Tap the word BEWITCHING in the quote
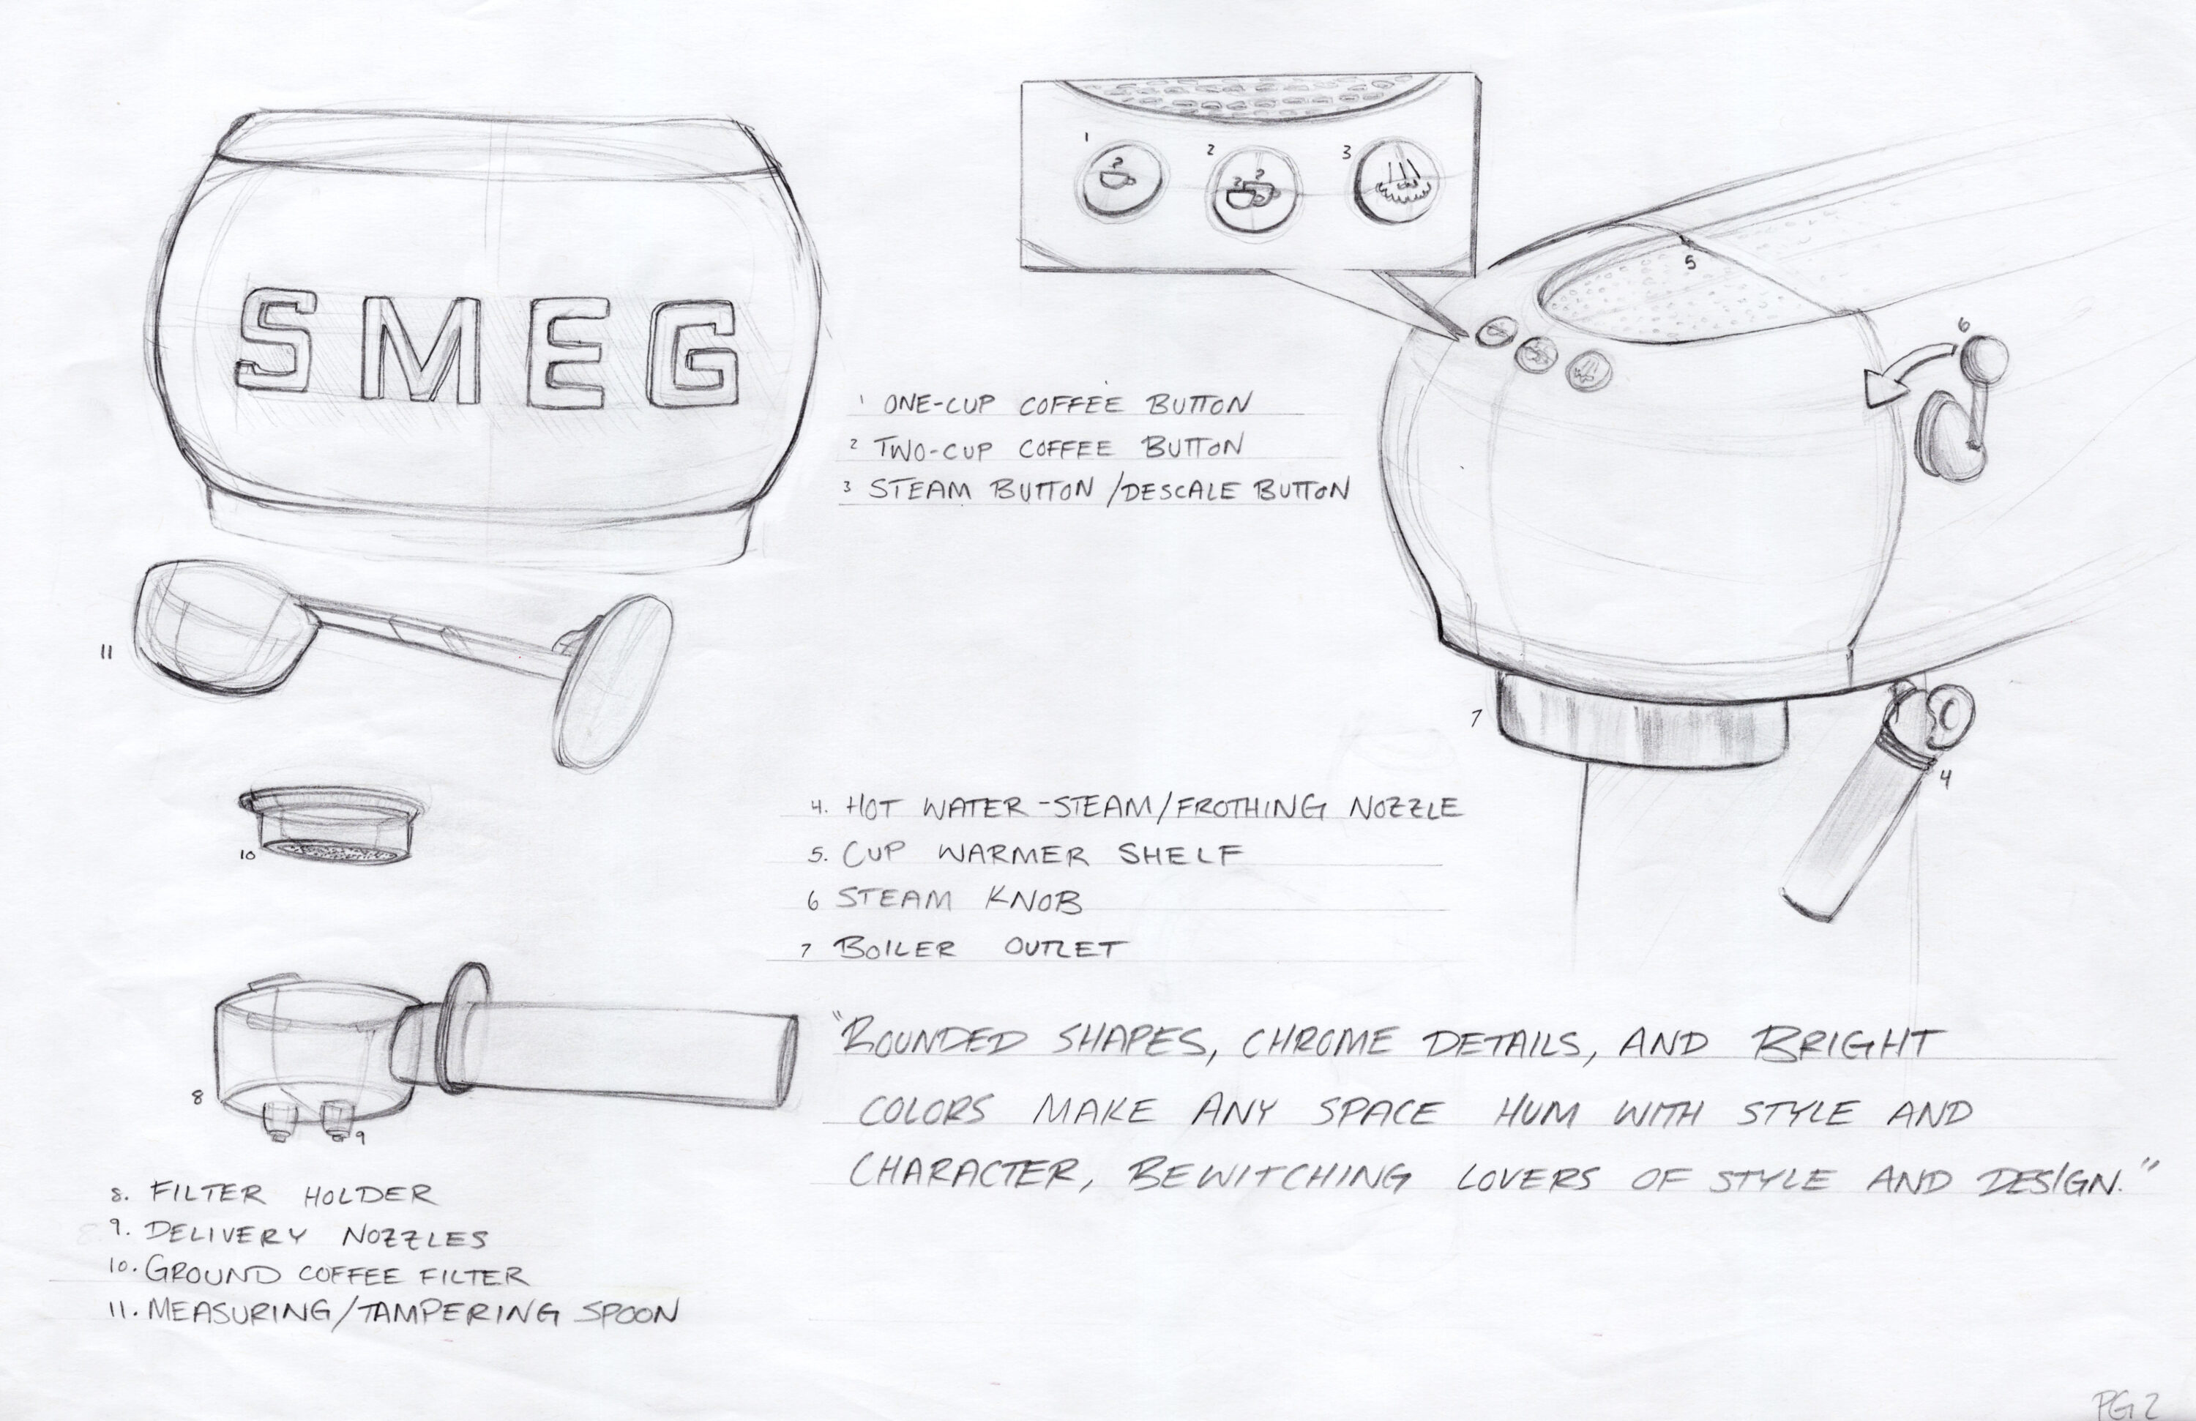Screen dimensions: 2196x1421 1269,1174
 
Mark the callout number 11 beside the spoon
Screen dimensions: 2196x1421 106,653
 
